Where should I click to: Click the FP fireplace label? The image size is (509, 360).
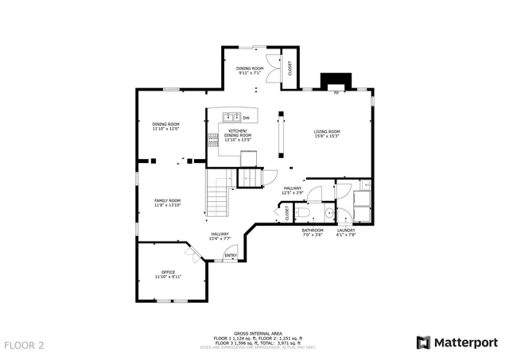click(x=336, y=94)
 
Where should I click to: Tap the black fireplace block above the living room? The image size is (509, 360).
click(x=334, y=81)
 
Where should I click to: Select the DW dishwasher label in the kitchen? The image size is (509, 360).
click(x=247, y=118)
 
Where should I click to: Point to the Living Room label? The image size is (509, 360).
click(x=326, y=132)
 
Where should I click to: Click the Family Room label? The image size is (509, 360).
click(x=167, y=201)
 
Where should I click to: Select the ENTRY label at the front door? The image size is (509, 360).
click(x=231, y=255)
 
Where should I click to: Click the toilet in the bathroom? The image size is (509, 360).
click(x=301, y=213)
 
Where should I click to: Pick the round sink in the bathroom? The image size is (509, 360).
click(x=328, y=213)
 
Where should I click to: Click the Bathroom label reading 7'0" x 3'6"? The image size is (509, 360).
click(x=313, y=232)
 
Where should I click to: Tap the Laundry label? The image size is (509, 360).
click(x=346, y=232)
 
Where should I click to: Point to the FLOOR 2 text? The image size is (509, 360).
click(x=24, y=346)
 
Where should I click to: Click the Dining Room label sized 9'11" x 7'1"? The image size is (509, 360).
click(x=251, y=70)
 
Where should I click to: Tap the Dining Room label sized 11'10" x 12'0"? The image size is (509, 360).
click(x=166, y=126)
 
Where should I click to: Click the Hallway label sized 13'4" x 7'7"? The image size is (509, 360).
click(x=220, y=235)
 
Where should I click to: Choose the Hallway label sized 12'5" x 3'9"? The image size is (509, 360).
click(x=293, y=189)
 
